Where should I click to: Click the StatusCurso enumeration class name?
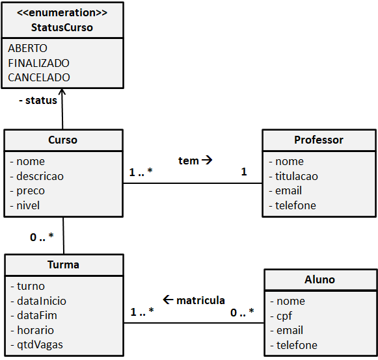coord(62,27)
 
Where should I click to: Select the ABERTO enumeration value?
coord(27,49)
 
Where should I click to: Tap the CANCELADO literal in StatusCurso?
coord(39,77)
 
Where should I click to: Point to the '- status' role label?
coord(38,101)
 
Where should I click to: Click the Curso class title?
coord(62,140)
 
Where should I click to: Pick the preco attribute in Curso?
coord(31,191)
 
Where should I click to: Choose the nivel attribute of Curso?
coord(28,205)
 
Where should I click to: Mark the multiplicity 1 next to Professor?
coord(244,172)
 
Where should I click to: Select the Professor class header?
coord(319,140)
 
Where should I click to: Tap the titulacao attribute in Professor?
coord(297,176)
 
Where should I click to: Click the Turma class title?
coord(63,264)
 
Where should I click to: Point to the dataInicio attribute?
coord(41,301)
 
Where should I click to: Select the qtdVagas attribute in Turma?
coord(40,344)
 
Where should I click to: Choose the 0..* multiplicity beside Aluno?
coord(242,313)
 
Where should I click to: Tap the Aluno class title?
coord(319,279)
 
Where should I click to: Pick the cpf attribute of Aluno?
coord(284,316)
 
